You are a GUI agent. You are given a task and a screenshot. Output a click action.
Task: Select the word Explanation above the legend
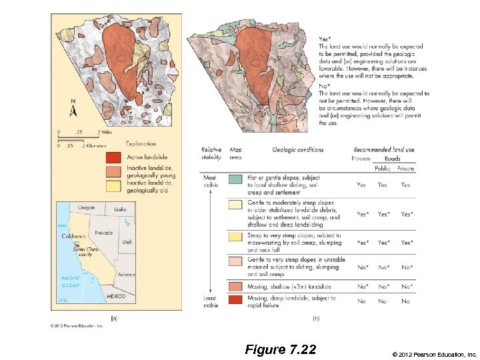tap(141, 143)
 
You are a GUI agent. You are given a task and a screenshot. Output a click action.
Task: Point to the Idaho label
tap(120, 209)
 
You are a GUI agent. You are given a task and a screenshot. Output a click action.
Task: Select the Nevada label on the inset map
tap(103, 233)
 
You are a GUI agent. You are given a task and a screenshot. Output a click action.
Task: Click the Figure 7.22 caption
tap(280, 349)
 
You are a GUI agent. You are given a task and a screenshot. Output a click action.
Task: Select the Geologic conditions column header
tap(297, 150)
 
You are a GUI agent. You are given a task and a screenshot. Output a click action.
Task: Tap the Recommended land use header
tap(384, 150)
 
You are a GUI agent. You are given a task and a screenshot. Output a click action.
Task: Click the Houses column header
tap(361, 159)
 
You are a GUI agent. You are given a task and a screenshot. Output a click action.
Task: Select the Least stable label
tap(210, 302)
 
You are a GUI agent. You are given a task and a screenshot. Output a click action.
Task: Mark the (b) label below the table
tap(315, 319)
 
